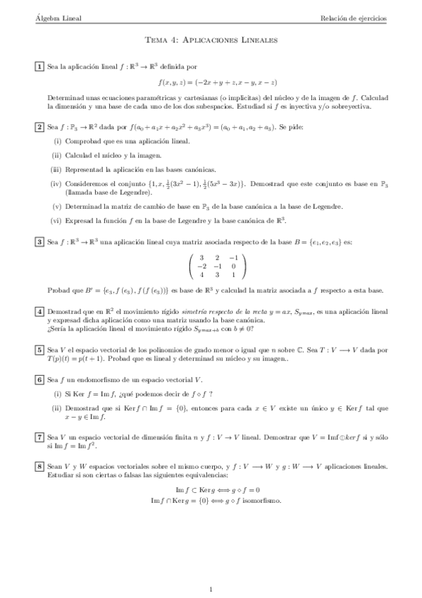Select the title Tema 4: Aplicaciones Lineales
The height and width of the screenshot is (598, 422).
coord(211,42)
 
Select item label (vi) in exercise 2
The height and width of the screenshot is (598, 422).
coord(56,221)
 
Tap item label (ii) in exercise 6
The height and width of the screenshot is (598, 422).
coord(56,408)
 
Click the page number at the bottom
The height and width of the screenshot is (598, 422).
coord(211,569)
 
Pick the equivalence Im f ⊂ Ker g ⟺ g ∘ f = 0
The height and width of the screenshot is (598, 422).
coord(211,490)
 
